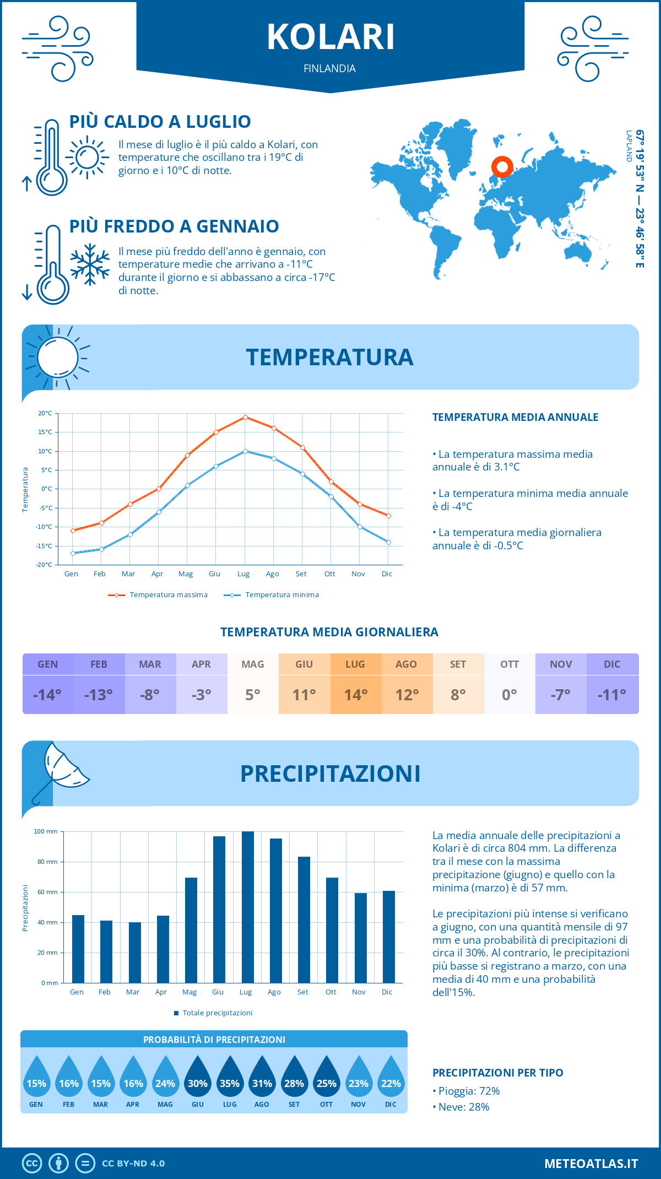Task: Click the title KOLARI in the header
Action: click(330, 37)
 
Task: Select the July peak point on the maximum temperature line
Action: click(245, 417)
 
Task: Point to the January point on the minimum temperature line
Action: click(73, 553)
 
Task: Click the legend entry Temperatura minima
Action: click(281, 595)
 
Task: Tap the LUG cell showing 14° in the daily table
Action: click(355, 694)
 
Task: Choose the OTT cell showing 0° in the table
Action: click(509, 694)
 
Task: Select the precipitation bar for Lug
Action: click(247, 907)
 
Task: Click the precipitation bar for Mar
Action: click(134, 952)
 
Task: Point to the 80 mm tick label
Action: click(47, 862)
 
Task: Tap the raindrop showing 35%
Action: click(230, 1080)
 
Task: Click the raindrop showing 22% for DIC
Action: click(391, 1080)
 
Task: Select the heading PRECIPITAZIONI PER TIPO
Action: click(497, 1073)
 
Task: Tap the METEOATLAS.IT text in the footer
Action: click(590, 1164)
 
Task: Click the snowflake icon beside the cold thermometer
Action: click(90, 264)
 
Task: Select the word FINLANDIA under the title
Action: click(329, 68)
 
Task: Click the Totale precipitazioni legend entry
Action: click(217, 1013)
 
